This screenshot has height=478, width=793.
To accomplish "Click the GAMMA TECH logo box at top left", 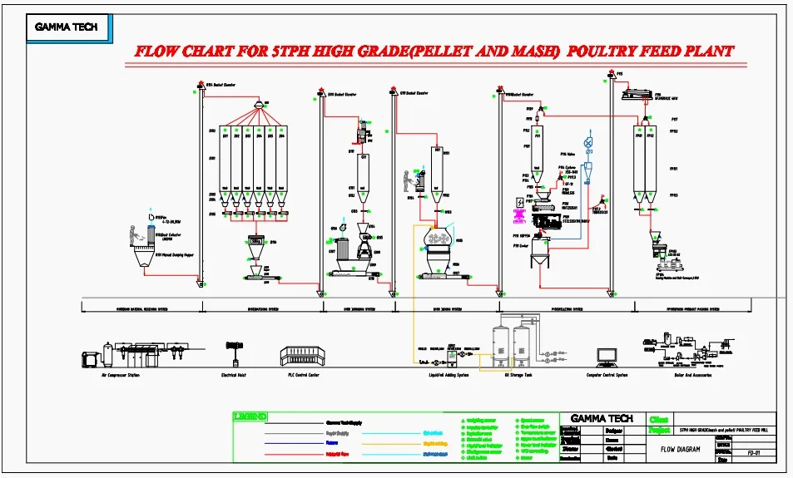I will pyautogui.click(x=66, y=27).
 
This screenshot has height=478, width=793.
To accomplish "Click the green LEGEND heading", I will pyautogui.click(x=250, y=416).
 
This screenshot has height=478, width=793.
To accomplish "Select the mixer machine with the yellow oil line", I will pyautogui.click(x=437, y=242).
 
